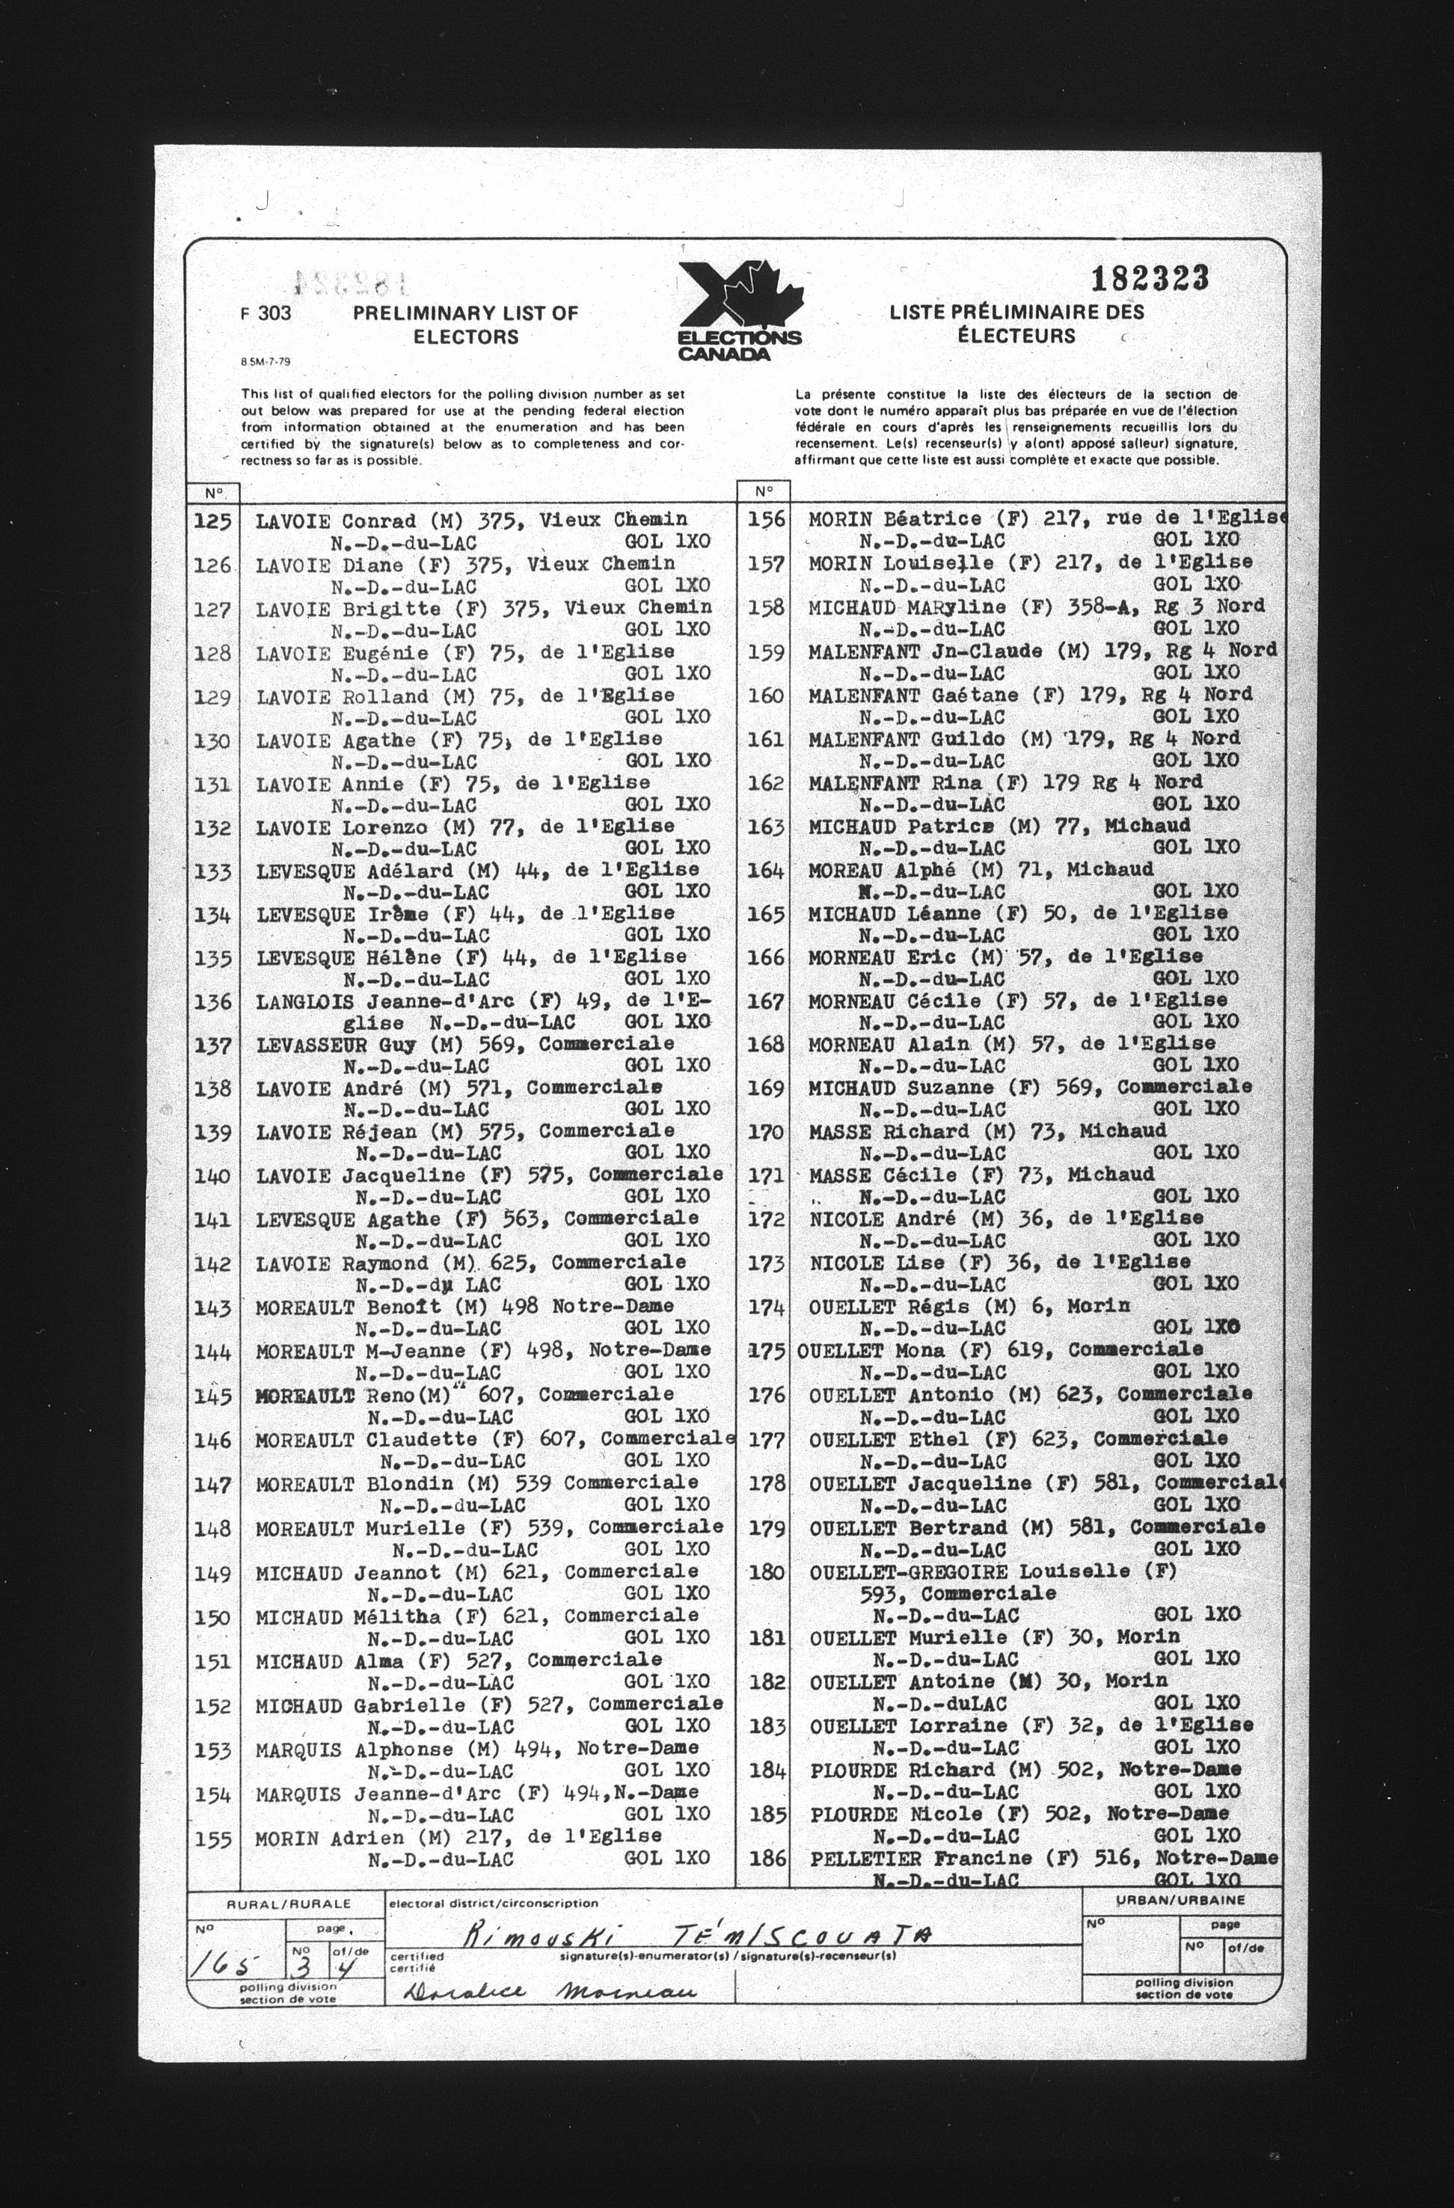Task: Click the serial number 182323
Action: [1150, 277]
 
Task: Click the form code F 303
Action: [266, 313]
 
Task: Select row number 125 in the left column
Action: [212, 521]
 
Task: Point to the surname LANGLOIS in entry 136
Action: [305, 1002]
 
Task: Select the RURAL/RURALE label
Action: [289, 1904]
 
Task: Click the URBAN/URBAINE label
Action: [1180, 1900]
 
